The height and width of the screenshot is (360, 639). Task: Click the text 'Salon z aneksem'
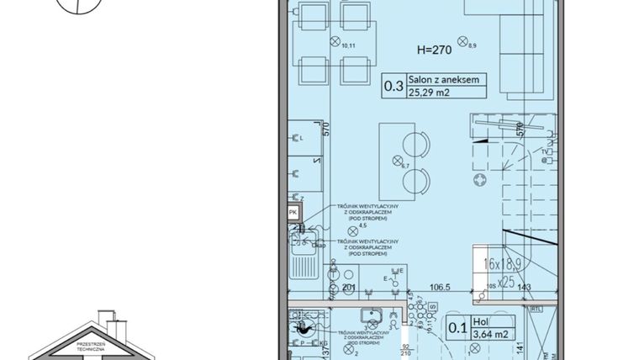[x=444, y=80]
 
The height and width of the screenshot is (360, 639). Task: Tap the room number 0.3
[x=393, y=86]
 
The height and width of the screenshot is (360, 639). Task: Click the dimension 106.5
[x=436, y=287]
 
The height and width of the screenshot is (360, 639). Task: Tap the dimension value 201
[x=349, y=287]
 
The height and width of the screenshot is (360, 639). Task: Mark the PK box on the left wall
[x=293, y=213]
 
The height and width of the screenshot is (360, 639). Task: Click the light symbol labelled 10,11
[x=335, y=41]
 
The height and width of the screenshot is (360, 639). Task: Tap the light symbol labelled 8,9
[x=462, y=40]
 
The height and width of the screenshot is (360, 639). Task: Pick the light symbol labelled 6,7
[x=398, y=161]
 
